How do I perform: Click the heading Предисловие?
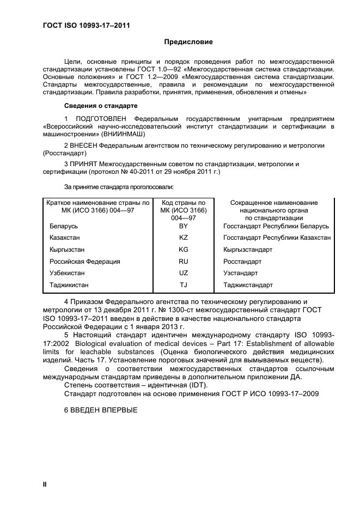[188, 42]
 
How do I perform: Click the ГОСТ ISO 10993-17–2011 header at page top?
[86, 25]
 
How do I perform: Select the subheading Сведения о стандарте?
[101, 105]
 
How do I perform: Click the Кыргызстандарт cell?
[248, 250]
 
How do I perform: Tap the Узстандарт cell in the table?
[241, 273]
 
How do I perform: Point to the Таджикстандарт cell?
[248, 285]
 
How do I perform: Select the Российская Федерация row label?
[84, 262]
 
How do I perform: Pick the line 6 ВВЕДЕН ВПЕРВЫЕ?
[101, 410]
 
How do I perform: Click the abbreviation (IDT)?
[198, 385]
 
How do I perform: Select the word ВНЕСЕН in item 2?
[85, 145]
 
